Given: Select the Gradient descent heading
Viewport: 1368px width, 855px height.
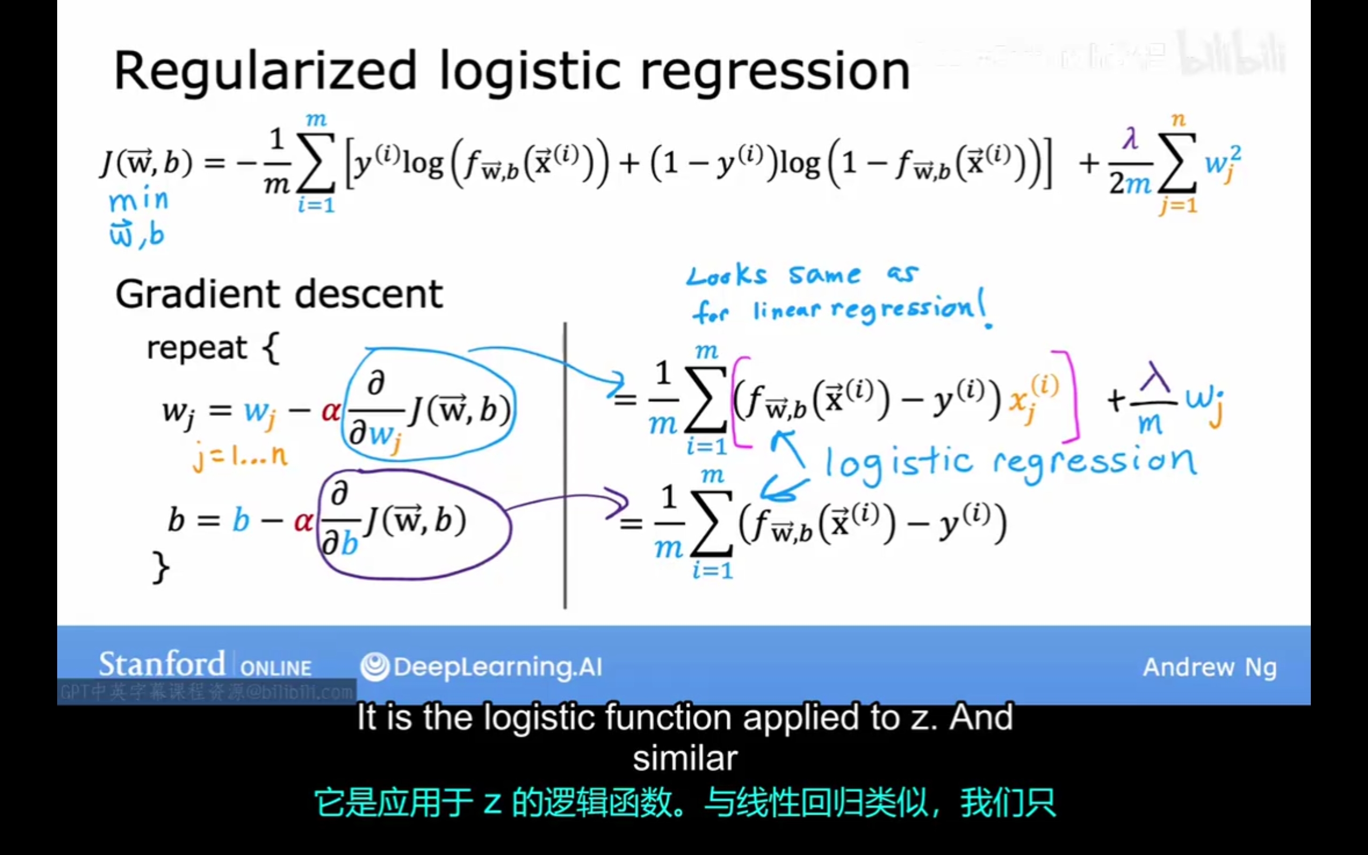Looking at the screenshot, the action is click(x=279, y=294).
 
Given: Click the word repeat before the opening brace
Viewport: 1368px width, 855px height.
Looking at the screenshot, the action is click(x=196, y=347).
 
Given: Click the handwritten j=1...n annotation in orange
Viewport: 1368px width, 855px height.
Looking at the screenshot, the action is click(x=240, y=456).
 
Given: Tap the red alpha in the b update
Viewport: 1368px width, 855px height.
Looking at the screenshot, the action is click(x=304, y=520).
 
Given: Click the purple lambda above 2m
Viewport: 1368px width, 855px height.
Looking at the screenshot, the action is click(x=1130, y=138).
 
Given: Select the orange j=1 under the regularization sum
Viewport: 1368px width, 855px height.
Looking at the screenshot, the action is click(x=1178, y=205).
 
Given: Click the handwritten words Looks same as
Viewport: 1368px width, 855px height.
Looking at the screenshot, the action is click(x=802, y=275).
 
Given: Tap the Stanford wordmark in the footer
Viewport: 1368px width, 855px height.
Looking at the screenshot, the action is click(x=162, y=665).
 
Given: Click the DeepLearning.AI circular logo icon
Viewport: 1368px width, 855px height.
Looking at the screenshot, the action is click(x=375, y=667).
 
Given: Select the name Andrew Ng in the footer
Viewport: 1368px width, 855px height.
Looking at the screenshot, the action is click(x=1209, y=667).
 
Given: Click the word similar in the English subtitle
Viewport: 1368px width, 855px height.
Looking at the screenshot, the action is click(x=685, y=758).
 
